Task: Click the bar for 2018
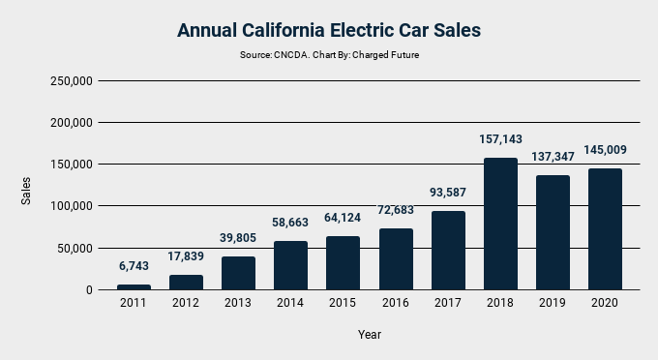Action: click(x=500, y=224)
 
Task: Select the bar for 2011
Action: click(x=134, y=286)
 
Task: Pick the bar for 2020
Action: click(x=605, y=229)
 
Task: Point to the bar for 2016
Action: click(x=395, y=259)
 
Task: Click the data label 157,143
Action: click(x=500, y=139)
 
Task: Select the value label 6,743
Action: click(x=134, y=266)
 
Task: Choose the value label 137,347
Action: click(x=553, y=156)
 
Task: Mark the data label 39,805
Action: click(x=238, y=238)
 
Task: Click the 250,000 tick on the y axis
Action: click(x=70, y=81)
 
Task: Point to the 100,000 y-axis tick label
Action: click(x=70, y=206)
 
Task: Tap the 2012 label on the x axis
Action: click(x=186, y=303)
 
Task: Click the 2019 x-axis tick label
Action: click(x=553, y=303)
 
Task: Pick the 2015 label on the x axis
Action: click(x=343, y=303)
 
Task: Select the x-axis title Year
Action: click(x=369, y=334)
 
